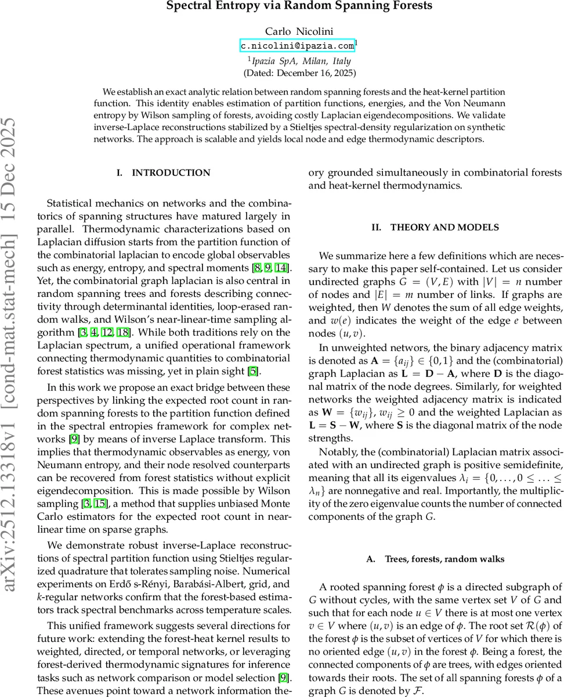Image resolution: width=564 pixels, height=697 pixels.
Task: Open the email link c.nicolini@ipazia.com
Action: [x=297, y=45]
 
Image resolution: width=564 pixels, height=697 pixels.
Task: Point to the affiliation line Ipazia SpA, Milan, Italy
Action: [x=301, y=60]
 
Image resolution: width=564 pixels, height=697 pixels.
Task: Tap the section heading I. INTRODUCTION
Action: [x=163, y=173]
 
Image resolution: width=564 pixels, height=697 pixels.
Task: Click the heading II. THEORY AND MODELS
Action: [x=435, y=227]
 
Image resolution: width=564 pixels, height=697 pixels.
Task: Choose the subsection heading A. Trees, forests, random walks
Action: [x=435, y=559]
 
